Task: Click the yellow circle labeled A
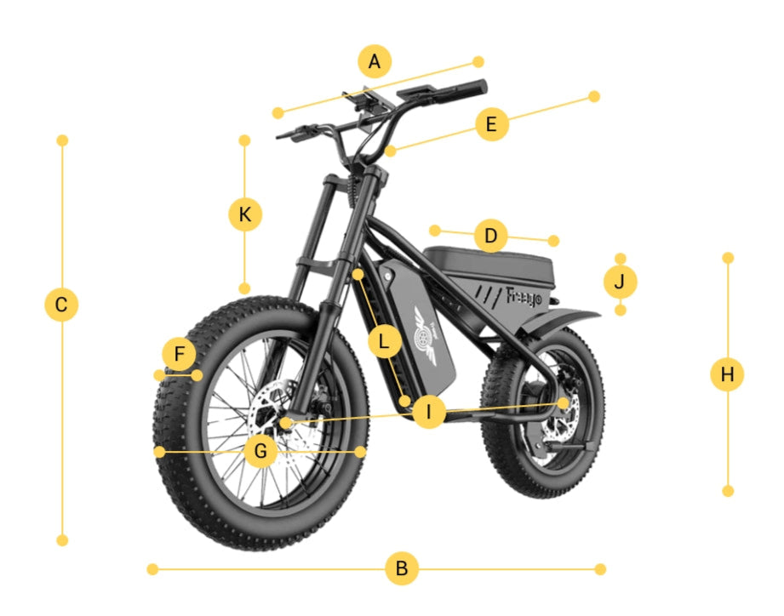(x=375, y=62)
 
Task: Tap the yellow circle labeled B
(x=402, y=568)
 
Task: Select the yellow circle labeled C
(x=61, y=305)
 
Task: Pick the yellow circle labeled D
(x=490, y=236)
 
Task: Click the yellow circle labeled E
(x=491, y=124)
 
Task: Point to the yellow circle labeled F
(x=179, y=355)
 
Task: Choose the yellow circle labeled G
(x=260, y=451)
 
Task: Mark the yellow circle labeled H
(x=727, y=374)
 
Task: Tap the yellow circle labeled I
(x=429, y=413)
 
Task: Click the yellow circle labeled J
(x=620, y=281)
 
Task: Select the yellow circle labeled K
(x=245, y=214)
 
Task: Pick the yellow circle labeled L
(x=385, y=342)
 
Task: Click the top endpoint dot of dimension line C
(x=61, y=140)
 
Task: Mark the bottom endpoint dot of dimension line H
(x=727, y=491)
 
